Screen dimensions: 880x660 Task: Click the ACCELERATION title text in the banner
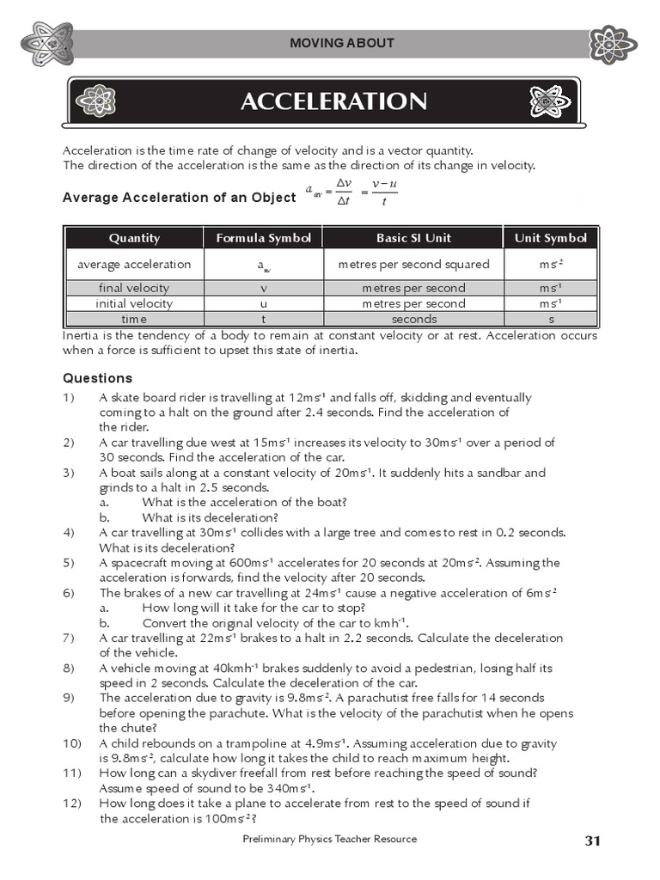[x=333, y=102]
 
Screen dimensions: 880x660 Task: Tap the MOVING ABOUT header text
[x=341, y=43]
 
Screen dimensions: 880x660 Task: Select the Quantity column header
[x=134, y=238]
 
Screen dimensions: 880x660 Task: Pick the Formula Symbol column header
[x=263, y=238]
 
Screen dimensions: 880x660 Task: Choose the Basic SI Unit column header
[x=413, y=238]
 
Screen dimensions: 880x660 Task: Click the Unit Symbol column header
[x=550, y=238]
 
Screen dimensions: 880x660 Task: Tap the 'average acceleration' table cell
[x=134, y=264]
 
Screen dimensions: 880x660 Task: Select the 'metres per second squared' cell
[x=413, y=264]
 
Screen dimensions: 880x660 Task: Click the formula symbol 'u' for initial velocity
[x=264, y=303]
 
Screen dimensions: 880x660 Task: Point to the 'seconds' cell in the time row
[x=413, y=319]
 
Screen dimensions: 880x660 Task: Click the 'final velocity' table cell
[x=134, y=288]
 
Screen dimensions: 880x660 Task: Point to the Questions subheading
[x=98, y=378]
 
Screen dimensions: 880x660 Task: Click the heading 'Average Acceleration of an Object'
[x=180, y=198]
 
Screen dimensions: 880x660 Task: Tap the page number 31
[x=591, y=840]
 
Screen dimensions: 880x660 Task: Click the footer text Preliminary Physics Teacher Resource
[x=330, y=839]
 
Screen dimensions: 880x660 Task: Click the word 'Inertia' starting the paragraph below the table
[x=82, y=335]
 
